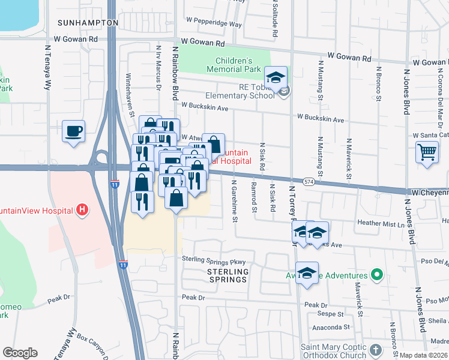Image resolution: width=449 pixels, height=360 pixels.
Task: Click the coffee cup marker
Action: point(73,131)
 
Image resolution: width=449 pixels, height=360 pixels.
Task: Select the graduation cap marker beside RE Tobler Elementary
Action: point(276,77)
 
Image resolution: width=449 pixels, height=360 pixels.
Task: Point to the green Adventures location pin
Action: point(376,275)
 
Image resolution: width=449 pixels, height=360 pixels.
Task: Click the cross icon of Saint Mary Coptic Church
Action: point(375,349)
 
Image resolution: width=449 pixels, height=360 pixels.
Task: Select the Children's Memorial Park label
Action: point(234,65)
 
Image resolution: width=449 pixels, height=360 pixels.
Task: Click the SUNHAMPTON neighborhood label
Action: point(88,22)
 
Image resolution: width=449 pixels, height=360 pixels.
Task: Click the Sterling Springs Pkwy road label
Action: point(214,261)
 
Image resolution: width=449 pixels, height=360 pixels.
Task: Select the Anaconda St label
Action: point(331,328)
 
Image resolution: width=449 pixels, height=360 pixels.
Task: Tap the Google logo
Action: point(20,352)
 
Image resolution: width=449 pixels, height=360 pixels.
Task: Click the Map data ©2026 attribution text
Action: point(424,355)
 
